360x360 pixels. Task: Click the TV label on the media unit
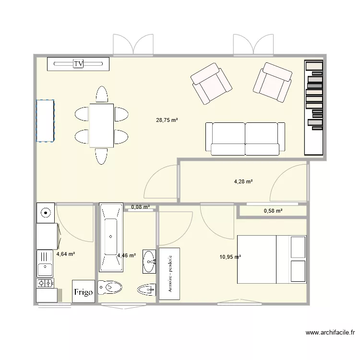[78, 63]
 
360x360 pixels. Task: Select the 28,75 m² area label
[167, 120]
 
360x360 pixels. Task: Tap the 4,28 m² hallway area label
[243, 181]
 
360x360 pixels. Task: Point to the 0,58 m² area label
[273, 211]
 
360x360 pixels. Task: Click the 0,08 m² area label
[140, 207]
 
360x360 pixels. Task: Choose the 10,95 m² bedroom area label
[230, 257]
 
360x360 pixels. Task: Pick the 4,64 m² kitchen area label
[65, 254]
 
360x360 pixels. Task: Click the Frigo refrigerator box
[84, 291]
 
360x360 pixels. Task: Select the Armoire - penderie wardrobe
[169, 274]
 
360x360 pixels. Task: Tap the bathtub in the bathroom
[111, 238]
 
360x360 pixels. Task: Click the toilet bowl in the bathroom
[110, 288]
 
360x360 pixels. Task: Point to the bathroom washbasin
[149, 262]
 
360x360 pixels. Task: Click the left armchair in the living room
[211, 84]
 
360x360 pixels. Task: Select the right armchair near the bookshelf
[273, 82]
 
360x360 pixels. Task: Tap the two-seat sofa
[245, 139]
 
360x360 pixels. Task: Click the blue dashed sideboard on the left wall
[45, 120]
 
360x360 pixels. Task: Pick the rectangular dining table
[101, 125]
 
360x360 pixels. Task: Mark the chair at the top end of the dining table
[101, 94]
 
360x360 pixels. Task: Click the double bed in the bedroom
[272, 259]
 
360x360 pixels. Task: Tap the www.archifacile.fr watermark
[330, 332]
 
